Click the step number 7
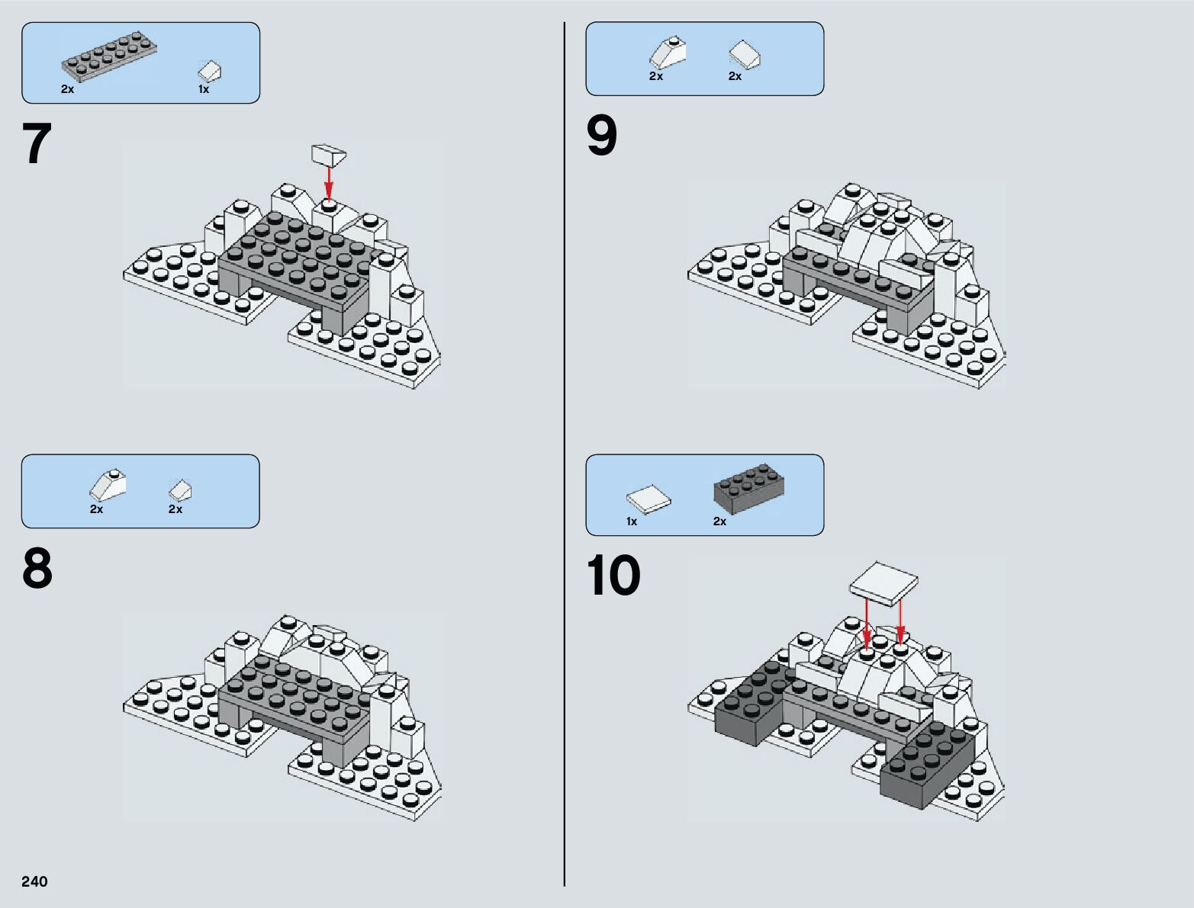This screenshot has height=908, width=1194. tap(37, 145)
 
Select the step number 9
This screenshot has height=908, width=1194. tap(602, 137)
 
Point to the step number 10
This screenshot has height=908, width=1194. tap(613, 576)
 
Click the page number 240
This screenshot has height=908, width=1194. tap(35, 882)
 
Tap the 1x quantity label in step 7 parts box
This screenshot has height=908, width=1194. tap(204, 90)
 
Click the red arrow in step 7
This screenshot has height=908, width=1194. tap(329, 183)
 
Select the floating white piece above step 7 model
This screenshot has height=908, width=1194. tap(329, 155)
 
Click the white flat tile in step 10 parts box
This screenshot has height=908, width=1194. tap(648, 499)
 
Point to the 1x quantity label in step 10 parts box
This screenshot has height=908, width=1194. tap(632, 522)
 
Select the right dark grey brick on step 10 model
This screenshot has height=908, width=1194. tap(927, 762)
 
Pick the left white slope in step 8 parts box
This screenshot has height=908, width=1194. tap(108, 485)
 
